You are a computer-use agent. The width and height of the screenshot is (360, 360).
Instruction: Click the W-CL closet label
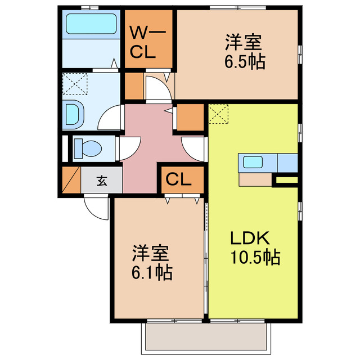[147, 43]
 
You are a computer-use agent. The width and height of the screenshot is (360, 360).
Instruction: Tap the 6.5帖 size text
[245, 62]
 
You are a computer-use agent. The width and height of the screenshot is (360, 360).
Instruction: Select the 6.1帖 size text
[152, 272]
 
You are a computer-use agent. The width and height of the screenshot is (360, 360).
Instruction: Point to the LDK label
[250, 238]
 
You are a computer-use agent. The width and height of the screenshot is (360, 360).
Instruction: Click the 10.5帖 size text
[255, 257]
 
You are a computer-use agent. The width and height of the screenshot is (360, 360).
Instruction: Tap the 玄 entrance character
[101, 181]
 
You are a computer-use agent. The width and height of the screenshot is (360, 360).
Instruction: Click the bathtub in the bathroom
[91, 24]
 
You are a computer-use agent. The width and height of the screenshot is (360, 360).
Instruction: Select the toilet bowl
[88, 148]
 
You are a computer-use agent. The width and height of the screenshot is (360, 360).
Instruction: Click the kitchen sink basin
[253, 162]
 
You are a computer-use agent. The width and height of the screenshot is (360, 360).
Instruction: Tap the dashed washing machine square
[75, 84]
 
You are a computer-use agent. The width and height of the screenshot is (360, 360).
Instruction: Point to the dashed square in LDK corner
[218, 114]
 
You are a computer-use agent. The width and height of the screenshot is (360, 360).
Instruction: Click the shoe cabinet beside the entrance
[71, 180]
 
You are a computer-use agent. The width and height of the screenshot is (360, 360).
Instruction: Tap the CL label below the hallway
[178, 179]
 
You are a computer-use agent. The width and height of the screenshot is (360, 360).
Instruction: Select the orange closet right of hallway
[190, 118]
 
